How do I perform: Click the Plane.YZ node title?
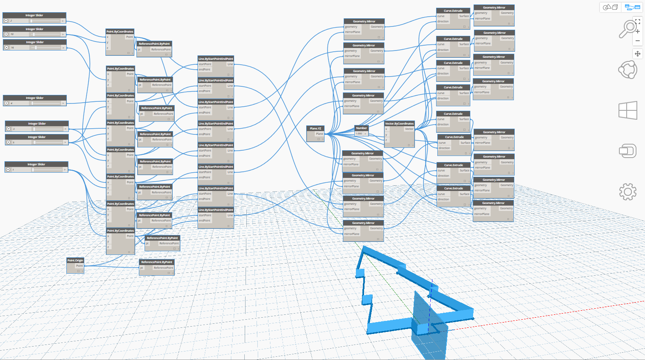(315, 128)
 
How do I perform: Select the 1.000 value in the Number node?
(359, 134)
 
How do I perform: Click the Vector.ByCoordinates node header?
(399, 123)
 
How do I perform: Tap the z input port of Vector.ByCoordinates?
(386, 140)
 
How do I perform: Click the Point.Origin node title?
(75, 260)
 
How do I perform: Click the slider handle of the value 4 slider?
(32, 103)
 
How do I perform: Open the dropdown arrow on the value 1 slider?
(8, 169)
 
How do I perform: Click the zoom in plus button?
(638, 31)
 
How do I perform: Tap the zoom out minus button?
(638, 41)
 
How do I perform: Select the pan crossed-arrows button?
(638, 54)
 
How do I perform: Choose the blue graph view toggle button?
(632, 7)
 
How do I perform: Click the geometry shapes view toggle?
(610, 7)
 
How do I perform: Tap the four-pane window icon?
(627, 110)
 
